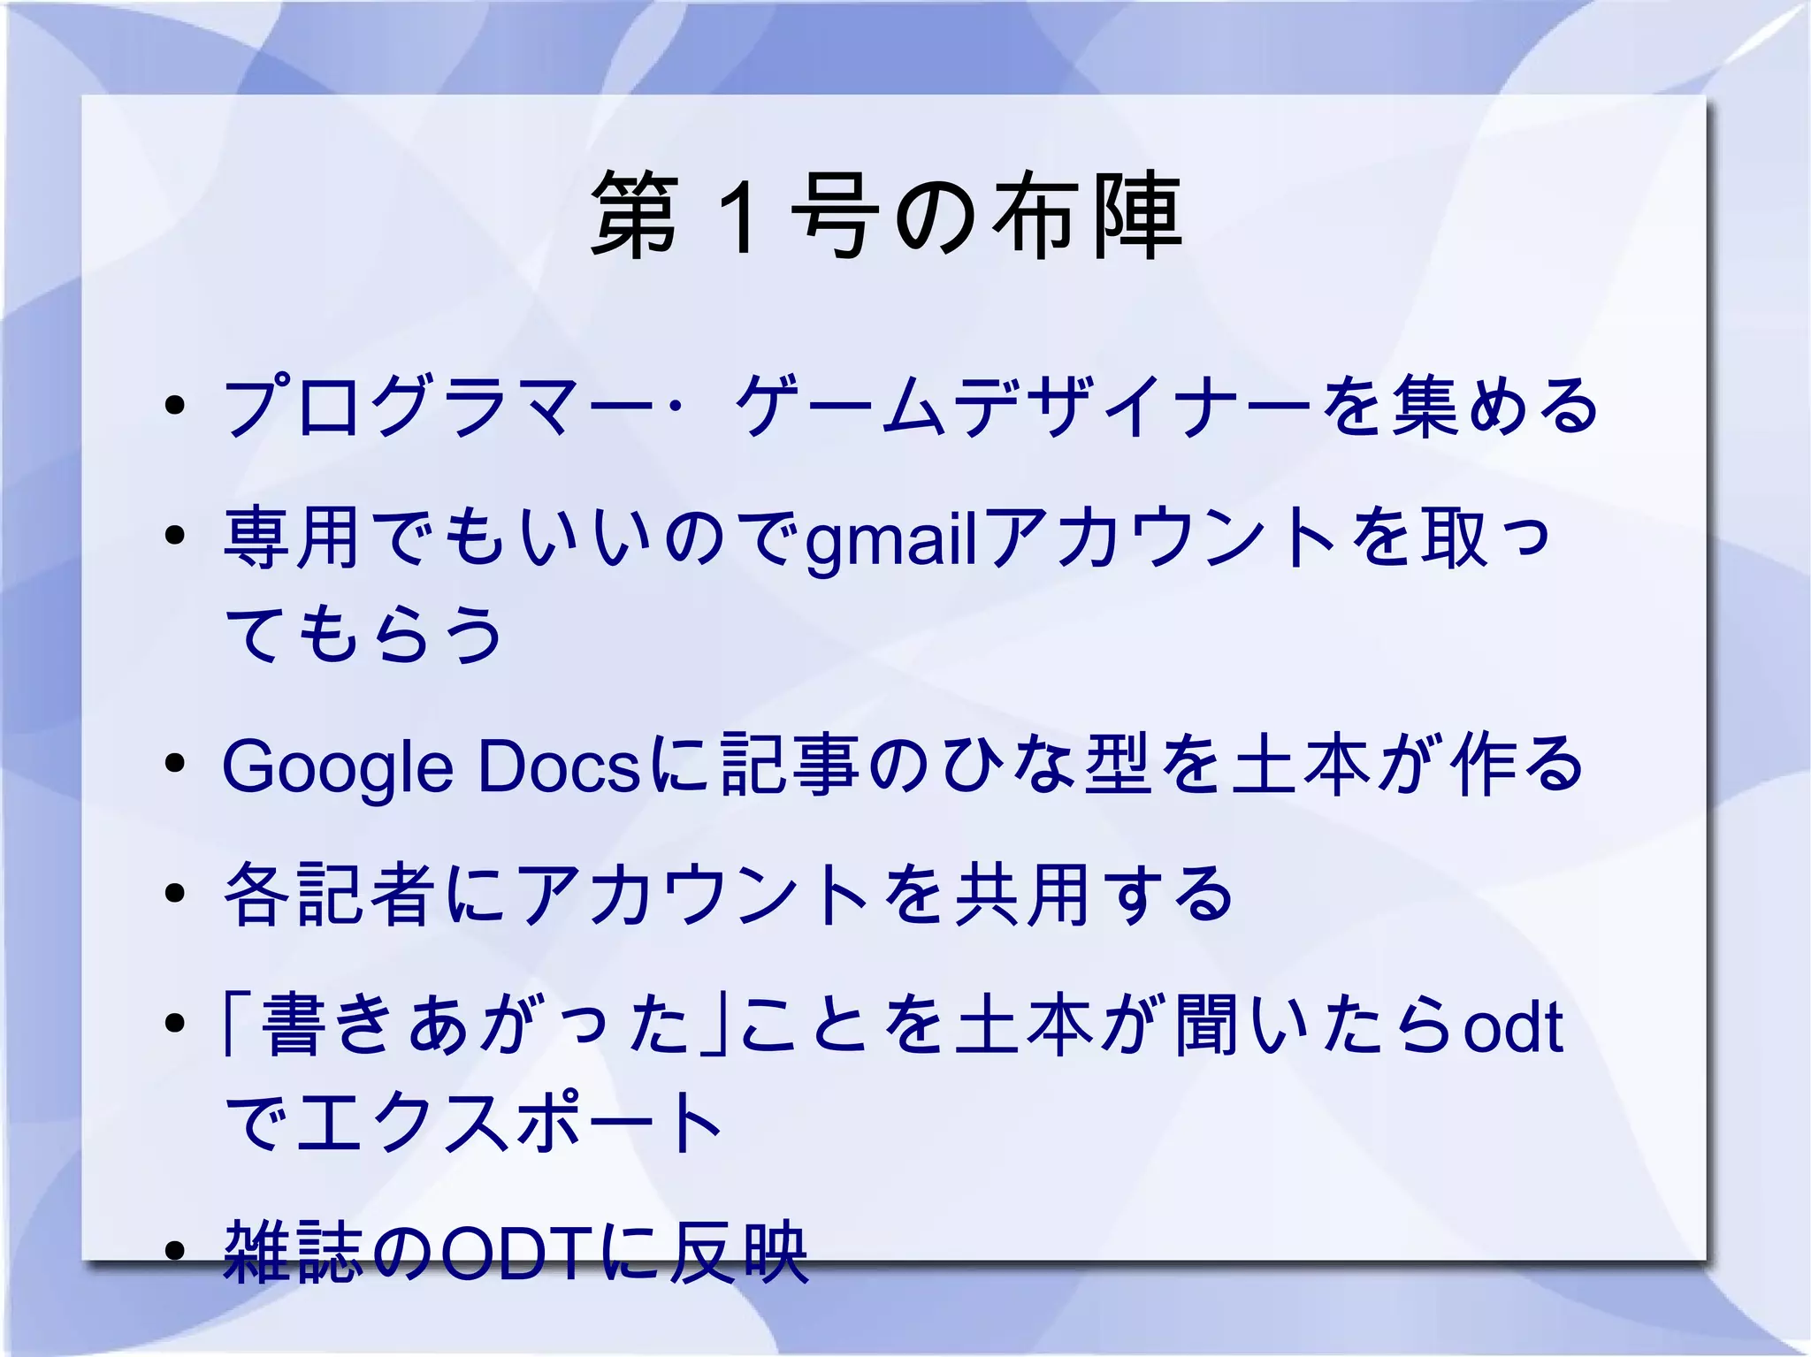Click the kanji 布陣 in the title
coord(1086,217)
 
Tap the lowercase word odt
coord(1513,1025)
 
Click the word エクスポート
coord(510,1123)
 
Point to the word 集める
coord(1495,407)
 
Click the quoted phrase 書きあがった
coord(477,1025)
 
